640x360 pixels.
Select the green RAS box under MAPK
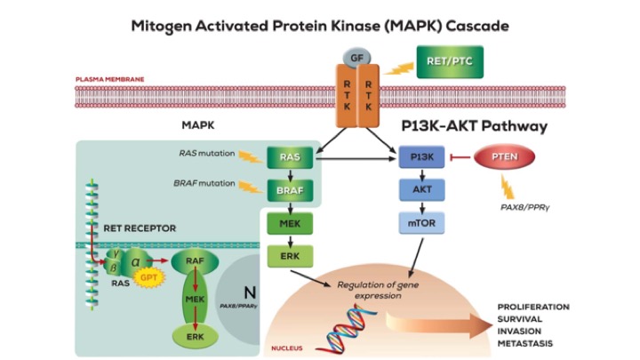[289, 157]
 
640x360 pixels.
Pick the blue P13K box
[421, 157]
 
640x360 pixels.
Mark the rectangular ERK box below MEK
[289, 256]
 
